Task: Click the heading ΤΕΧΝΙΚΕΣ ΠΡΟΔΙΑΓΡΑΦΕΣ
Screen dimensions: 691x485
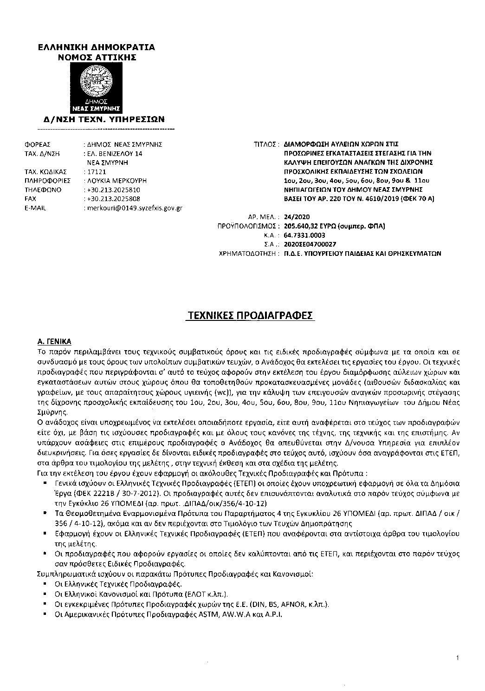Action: pos(250,316)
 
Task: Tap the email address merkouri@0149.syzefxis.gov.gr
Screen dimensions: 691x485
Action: pos(135,208)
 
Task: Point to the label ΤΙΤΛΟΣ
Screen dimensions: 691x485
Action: pos(266,144)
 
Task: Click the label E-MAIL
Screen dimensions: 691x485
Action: pos(35,208)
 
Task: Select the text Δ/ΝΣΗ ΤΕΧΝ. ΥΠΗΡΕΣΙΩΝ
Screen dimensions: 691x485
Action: pos(101,119)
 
